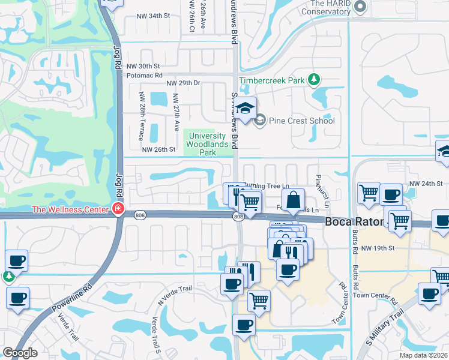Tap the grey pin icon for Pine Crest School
260,121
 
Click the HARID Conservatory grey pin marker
360,7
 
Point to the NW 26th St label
158,149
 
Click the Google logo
20,353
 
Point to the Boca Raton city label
354,221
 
